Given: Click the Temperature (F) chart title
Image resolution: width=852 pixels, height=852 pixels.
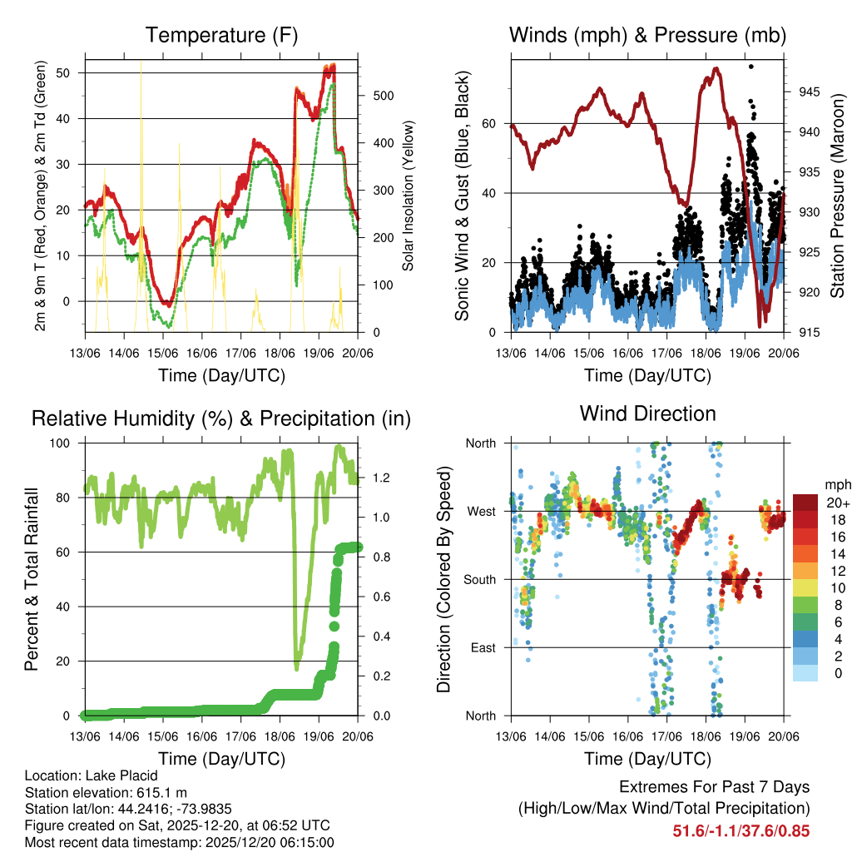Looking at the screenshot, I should pyautogui.click(x=221, y=35).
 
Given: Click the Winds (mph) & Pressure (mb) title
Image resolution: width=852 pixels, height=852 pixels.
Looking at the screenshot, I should pyautogui.click(x=647, y=35).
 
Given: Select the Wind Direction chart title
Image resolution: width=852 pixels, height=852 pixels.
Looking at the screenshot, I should pyautogui.click(x=647, y=414).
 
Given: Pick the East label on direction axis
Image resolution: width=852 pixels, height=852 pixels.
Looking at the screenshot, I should pyautogui.click(x=483, y=647).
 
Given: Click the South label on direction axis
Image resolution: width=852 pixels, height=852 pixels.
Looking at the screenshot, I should pyautogui.click(x=481, y=579).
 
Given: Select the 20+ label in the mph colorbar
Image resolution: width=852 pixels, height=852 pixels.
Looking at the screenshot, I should pyautogui.click(x=837, y=503).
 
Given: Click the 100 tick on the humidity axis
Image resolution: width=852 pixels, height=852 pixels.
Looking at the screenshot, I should pyautogui.click(x=66, y=443).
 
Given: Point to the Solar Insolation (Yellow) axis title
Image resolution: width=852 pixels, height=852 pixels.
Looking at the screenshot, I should pyautogui.click(x=408, y=196).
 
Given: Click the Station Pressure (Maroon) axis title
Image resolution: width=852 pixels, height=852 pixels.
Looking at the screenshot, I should pyautogui.click(x=837, y=196).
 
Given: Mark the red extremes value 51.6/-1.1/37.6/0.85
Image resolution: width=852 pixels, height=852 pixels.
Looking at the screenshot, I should pyautogui.click(x=741, y=830).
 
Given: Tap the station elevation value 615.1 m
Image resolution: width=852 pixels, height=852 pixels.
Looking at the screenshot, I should pyautogui.click(x=160, y=792).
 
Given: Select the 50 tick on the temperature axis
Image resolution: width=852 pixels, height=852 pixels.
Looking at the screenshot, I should pyautogui.click(x=69, y=73).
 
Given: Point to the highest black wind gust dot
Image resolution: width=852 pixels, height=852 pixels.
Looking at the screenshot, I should pyautogui.click(x=750, y=67).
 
